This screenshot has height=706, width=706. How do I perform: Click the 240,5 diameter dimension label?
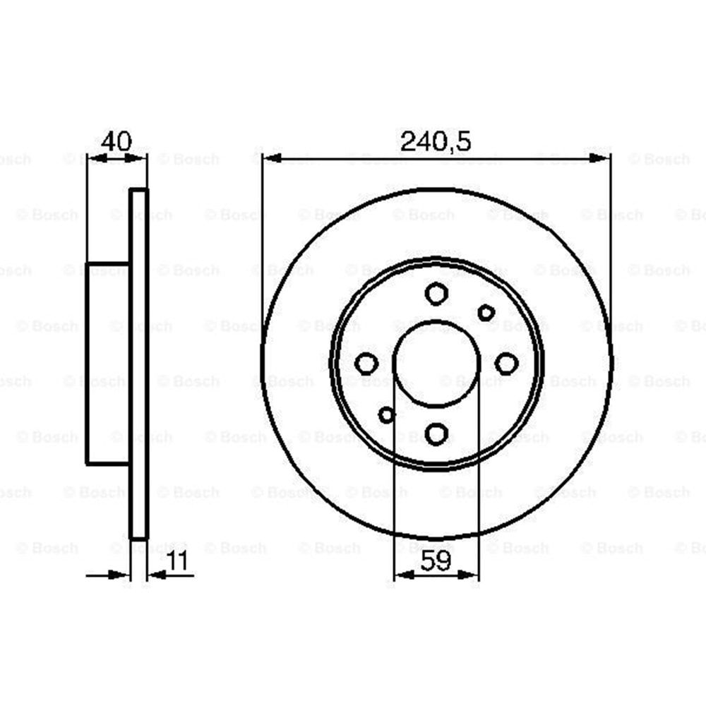[436, 141]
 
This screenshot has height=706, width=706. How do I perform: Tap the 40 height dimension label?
[116, 141]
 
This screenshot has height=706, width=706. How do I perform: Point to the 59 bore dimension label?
[436, 561]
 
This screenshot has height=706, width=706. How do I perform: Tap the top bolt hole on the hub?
[436, 294]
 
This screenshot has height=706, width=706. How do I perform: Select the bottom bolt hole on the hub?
[436, 433]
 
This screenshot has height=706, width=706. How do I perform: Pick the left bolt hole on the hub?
[366, 364]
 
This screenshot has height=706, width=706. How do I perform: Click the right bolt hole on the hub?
[506, 364]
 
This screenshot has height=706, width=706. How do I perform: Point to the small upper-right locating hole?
[486, 313]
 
